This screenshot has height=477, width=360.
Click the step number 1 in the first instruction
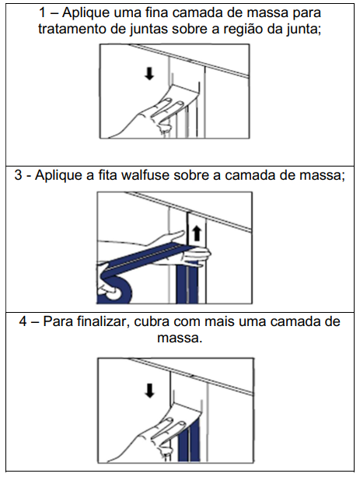(x=42, y=13)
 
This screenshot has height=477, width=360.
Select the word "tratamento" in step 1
(x=72, y=30)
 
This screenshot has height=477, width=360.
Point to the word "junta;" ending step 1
(x=303, y=30)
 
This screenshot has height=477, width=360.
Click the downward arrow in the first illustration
(x=149, y=74)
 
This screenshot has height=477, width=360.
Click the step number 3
(x=18, y=175)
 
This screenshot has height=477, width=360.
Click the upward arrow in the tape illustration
(x=197, y=233)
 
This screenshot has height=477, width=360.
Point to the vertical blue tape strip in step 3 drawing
(x=187, y=282)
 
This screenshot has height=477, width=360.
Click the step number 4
(x=23, y=322)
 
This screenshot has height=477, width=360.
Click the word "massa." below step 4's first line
(x=180, y=338)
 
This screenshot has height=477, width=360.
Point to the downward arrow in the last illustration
(x=149, y=391)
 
